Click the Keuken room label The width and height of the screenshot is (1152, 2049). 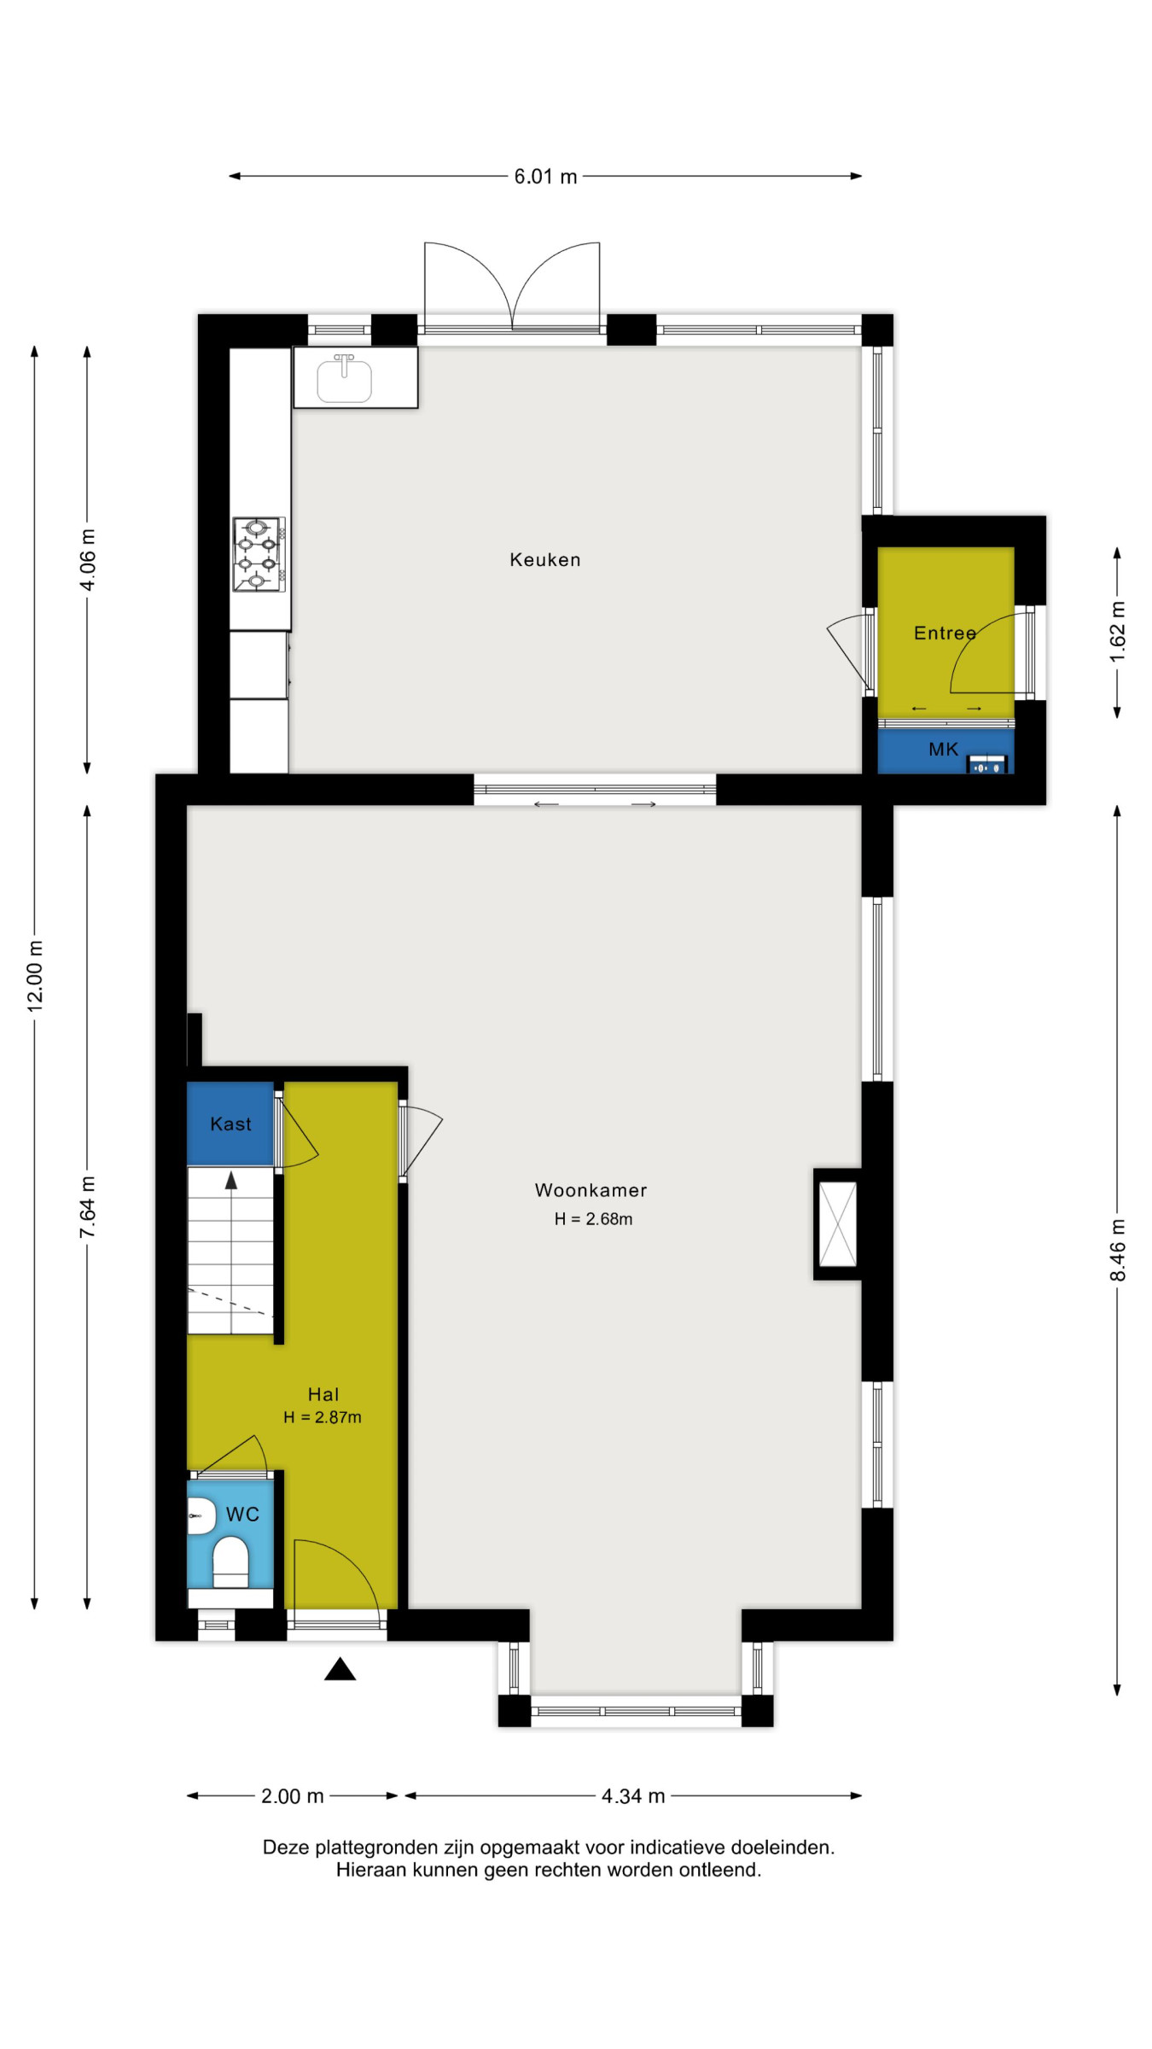544,560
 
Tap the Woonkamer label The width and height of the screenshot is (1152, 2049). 591,1190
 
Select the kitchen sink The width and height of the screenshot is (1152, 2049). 345,378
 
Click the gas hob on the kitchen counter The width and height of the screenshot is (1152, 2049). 259,553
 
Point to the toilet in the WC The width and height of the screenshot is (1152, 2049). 230,1562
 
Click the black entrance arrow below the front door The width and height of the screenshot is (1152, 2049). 340,1669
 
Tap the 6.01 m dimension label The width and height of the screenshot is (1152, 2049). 545,177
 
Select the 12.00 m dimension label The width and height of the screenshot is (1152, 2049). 35,977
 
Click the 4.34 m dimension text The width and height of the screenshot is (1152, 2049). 633,1796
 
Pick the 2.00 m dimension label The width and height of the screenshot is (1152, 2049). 292,1796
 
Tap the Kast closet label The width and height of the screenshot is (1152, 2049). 230,1124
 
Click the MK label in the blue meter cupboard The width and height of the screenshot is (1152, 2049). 944,750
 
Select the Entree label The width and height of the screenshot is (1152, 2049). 945,633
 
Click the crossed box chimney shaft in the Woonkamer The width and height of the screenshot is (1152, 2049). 837,1224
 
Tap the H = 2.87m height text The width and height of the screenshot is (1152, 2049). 323,1417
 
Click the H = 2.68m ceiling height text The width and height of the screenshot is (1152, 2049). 593,1219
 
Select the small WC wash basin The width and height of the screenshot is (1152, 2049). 201,1515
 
